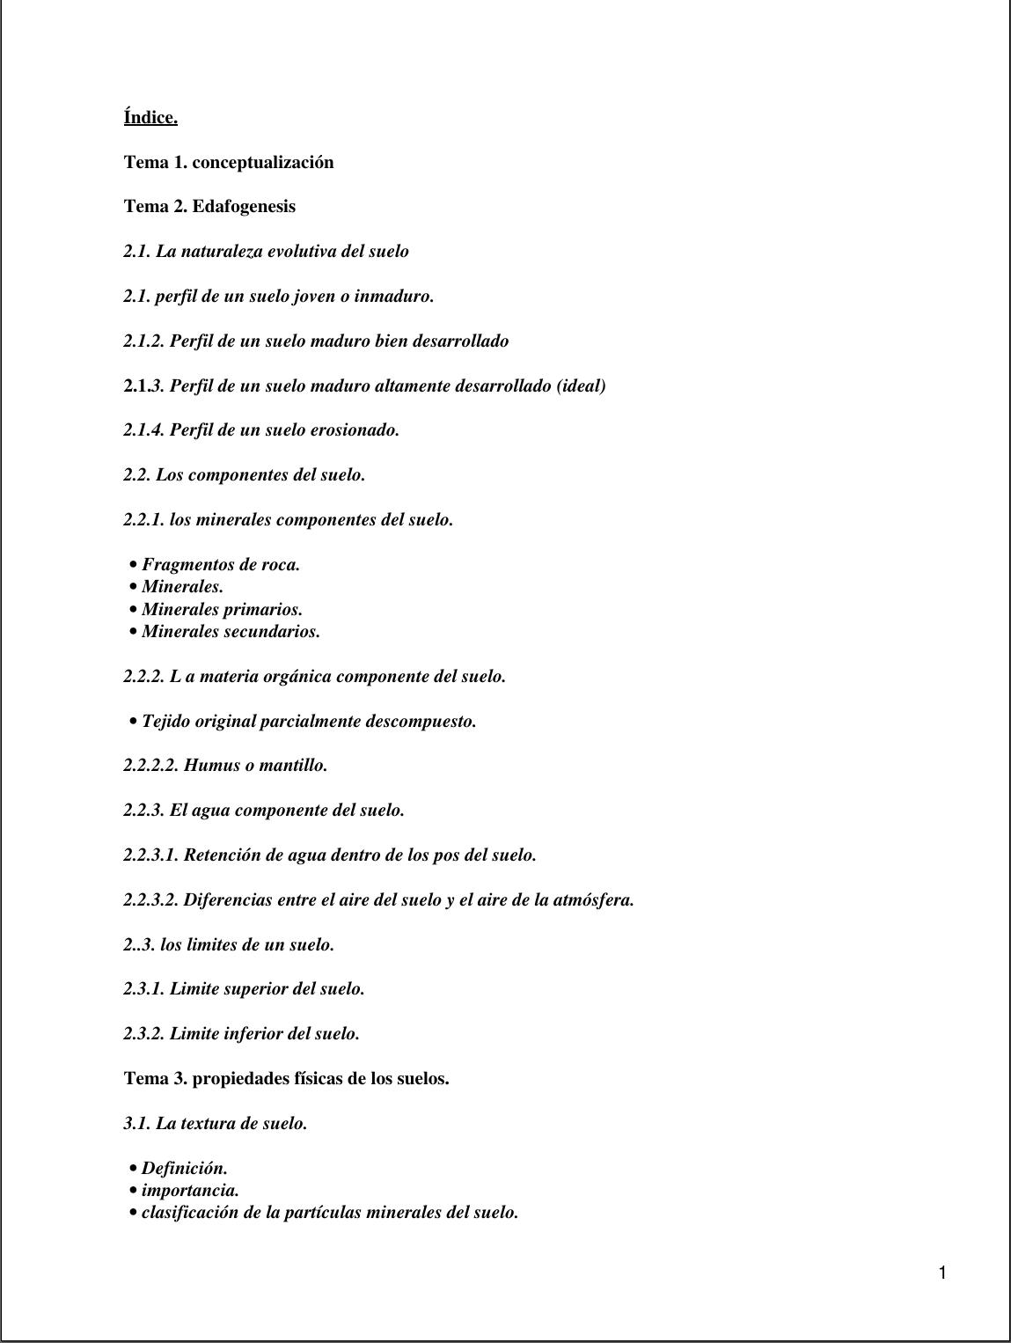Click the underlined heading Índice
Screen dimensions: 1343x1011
pos(150,117)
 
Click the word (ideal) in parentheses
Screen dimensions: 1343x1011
pos(581,385)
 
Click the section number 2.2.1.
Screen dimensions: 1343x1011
pos(143,520)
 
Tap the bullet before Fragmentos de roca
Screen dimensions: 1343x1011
pos(133,565)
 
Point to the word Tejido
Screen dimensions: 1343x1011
pos(165,722)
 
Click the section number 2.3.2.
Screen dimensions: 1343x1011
pos(143,1034)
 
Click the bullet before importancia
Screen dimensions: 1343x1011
pos(133,1191)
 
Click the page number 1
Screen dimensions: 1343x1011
pos(942,1273)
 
